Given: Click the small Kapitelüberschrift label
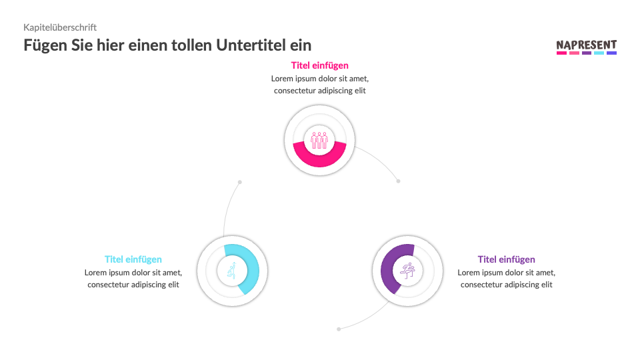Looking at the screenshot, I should click(x=60, y=27).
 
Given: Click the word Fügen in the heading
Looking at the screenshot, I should click(x=44, y=45).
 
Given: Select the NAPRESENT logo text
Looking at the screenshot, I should click(x=586, y=45).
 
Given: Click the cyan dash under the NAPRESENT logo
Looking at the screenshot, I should click(x=599, y=53).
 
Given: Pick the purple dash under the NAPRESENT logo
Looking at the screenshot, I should click(x=586, y=53).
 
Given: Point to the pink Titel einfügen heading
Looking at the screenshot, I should click(x=319, y=65).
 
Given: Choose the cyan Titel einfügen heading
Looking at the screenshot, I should click(x=133, y=259).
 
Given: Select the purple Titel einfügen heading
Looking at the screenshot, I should click(x=506, y=259).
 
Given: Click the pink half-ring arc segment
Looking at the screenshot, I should click(x=319, y=157).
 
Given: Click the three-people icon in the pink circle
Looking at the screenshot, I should click(x=319, y=140).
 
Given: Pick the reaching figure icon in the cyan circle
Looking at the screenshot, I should click(x=232, y=271).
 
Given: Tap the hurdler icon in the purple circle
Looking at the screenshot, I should click(x=407, y=271).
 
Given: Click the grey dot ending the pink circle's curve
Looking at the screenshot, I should click(x=398, y=181).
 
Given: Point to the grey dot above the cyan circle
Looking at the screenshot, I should click(x=240, y=182).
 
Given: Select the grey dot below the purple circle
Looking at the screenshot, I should click(x=339, y=329).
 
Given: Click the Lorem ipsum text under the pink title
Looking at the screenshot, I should click(x=319, y=85).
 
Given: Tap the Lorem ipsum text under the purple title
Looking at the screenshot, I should click(x=506, y=279).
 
